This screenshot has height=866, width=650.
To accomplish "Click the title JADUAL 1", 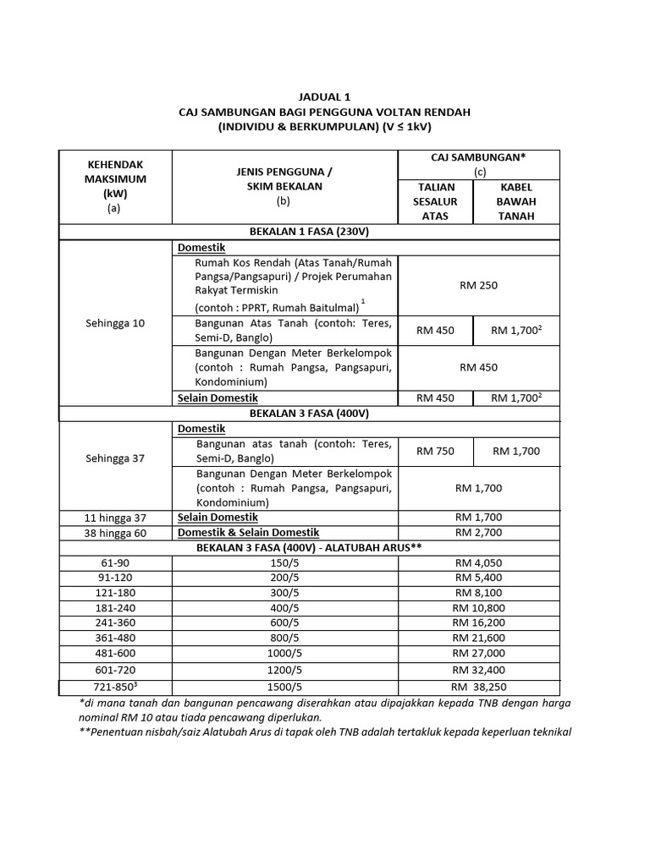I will click(324, 97).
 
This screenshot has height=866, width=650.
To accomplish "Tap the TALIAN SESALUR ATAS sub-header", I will click(435, 201).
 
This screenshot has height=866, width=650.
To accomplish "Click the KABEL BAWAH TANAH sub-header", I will click(517, 201).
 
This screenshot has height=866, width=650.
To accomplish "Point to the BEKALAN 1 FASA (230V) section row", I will click(309, 230).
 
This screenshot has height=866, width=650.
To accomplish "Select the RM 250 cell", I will click(478, 285).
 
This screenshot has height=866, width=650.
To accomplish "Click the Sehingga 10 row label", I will click(115, 322).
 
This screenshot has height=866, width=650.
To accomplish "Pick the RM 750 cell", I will click(435, 451).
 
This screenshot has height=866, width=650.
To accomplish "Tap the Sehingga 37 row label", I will click(115, 458).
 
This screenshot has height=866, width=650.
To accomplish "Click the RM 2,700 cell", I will click(478, 532).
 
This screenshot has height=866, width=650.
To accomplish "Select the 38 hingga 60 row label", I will click(115, 532).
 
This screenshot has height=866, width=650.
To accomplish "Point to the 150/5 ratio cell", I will click(285, 562).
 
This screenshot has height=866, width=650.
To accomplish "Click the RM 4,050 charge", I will click(478, 562).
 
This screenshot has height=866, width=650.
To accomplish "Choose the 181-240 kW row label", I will click(115, 607).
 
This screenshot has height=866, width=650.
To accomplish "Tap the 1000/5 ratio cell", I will click(285, 653).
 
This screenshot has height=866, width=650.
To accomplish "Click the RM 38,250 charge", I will click(478, 687).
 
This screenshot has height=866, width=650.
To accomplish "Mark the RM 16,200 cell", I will click(478, 622).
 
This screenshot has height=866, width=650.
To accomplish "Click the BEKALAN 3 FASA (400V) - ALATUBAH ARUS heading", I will click(309, 547).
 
